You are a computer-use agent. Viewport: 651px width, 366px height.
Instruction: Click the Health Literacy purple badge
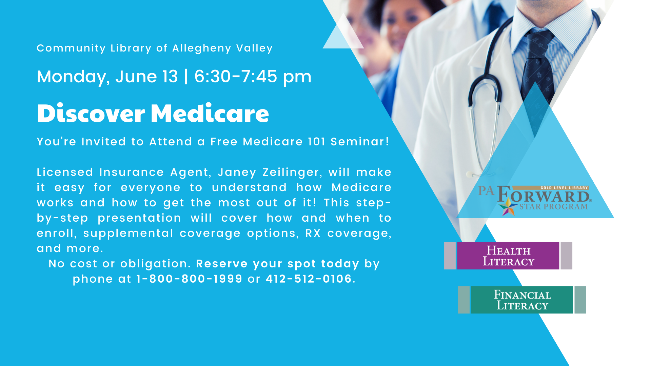pyautogui.click(x=508, y=256)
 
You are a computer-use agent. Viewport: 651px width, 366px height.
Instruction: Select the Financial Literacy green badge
pyautogui.click(x=522, y=300)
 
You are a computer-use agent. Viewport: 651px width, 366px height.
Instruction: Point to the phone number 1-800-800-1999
pyautogui.click(x=189, y=279)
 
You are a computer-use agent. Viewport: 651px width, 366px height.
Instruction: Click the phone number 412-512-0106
pyautogui.click(x=309, y=279)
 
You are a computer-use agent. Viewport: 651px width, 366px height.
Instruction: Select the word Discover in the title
pyautogui.click(x=91, y=113)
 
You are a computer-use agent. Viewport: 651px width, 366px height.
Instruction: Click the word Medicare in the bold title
pyautogui.click(x=210, y=113)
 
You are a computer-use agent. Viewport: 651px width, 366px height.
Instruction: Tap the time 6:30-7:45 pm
pyautogui.click(x=253, y=77)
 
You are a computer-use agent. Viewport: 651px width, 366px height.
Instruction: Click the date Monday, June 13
pyautogui.click(x=107, y=77)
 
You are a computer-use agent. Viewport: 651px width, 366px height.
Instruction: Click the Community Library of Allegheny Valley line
pyautogui.click(x=155, y=48)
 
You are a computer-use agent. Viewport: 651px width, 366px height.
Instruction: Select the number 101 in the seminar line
pyautogui.click(x=317, y=142)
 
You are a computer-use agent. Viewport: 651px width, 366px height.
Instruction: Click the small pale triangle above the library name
pyautogui.click(x=343, y=32)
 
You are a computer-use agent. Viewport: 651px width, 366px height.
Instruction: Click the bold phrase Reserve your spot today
pyautogui.click(x=278, y=264)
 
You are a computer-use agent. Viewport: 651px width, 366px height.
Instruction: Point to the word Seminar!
pyautogui.click(x=360, y=142)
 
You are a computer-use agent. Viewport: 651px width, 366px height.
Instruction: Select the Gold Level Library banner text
pyautogui.click(x=564, y=188)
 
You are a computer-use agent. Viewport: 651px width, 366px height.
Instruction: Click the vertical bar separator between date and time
pyautogui.click(x=186, y=77)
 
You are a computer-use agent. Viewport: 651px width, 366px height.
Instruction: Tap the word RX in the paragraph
pyautogui.click(x=313, y=233)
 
